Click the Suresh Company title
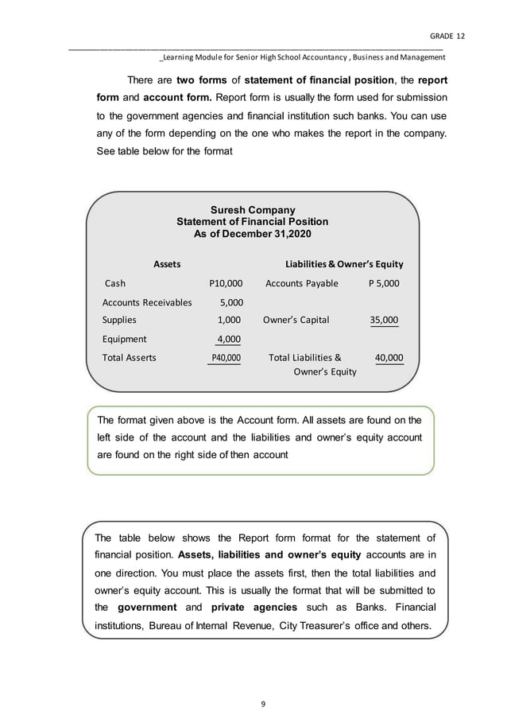pos(252,210)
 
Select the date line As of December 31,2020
pos(252,234)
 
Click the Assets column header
pos(166,263)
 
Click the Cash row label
pos(115,283)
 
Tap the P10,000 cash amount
pos(225,283)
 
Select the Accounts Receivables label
pos(147,302)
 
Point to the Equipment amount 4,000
pos(229,340)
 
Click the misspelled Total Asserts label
pos(130,358)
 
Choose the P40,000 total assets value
pos(225,358)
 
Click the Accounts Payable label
pos(301,283)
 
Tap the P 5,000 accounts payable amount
pos(384,283)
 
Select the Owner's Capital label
pos(296,321)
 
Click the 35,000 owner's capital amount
pos(385,321)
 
